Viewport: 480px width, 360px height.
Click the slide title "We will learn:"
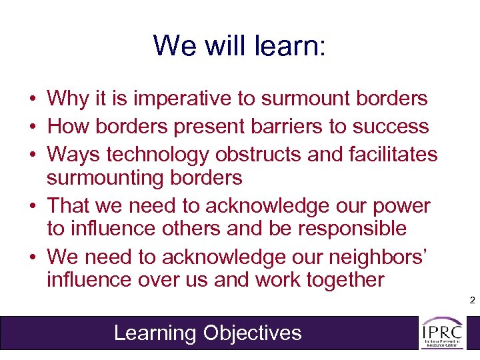tap(239, 45)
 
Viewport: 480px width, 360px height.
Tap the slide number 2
tap(472, 301)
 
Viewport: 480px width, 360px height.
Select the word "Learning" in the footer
tap(156, 333)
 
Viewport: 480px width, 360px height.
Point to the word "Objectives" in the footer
tap(253, 333)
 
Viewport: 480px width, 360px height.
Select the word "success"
tap(396, 127)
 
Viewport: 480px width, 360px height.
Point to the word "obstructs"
tap(257, 154)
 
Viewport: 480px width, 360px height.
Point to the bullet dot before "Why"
tap(32, 100)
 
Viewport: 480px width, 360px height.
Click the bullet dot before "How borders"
tap(32, 127)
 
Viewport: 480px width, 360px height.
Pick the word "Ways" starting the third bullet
tap(70, 154)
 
